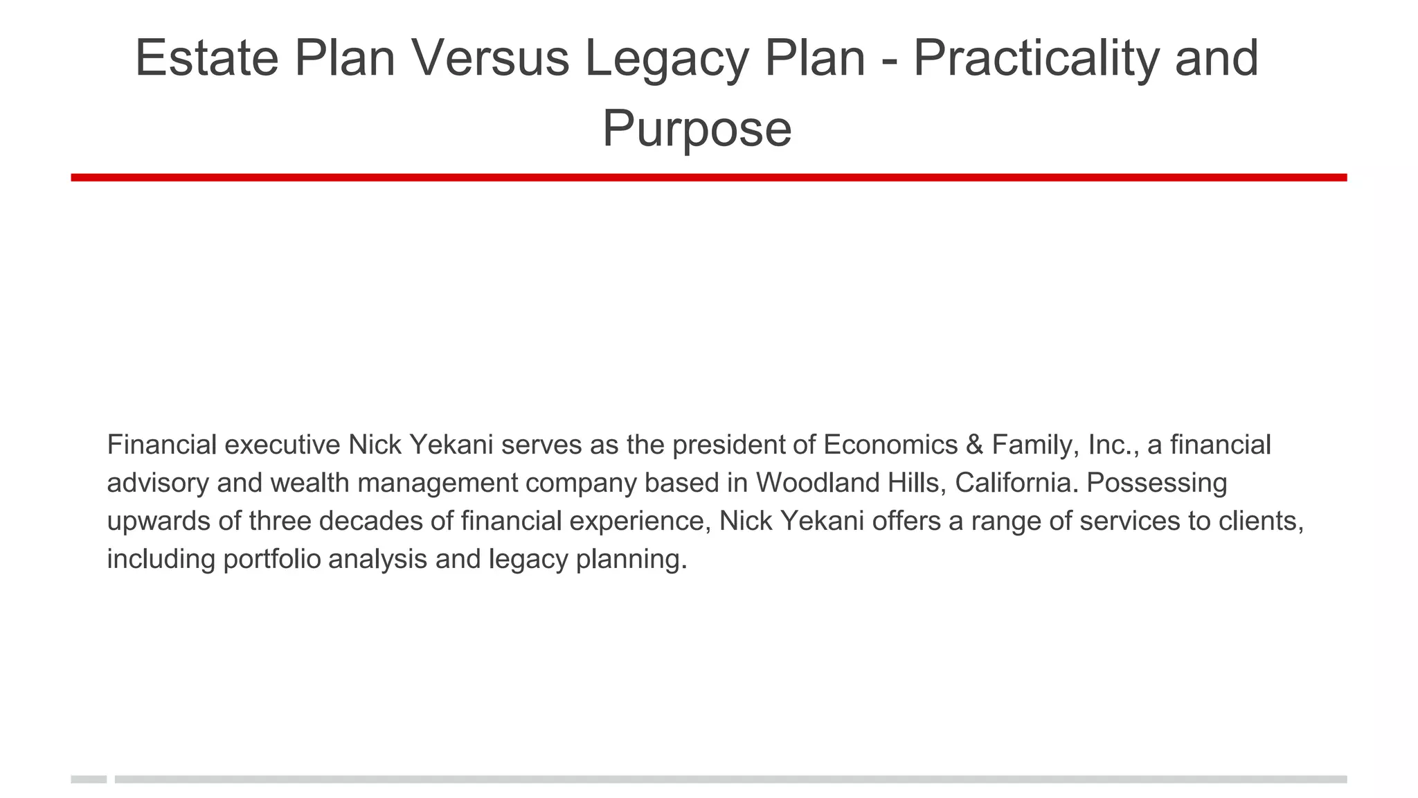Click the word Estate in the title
206,58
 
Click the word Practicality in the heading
1035,58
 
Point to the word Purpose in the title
697,129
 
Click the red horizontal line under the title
709,177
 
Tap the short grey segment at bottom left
89,779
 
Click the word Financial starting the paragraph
162,445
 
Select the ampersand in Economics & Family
974,445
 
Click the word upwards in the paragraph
159,522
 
